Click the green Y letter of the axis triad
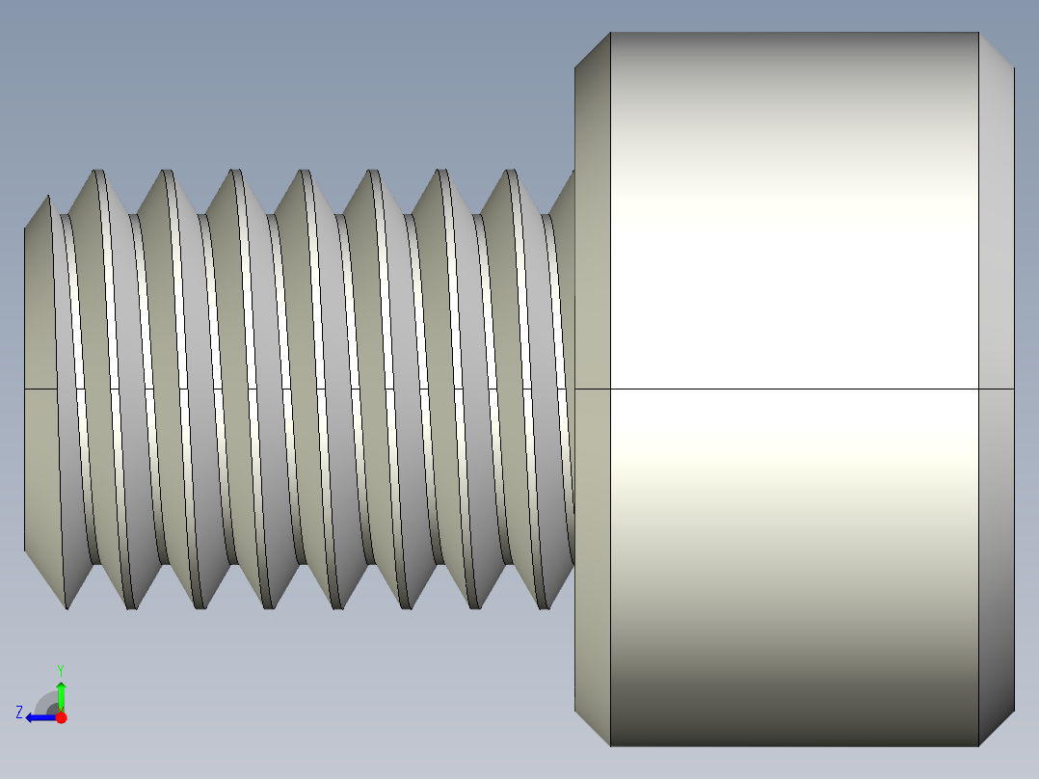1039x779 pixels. tap(60, 669)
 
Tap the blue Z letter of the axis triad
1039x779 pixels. tap(19, 712)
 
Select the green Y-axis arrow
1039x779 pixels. tap(61, 694)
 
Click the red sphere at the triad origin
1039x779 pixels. tap(61, 717)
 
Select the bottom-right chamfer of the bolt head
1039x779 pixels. tap(996, 728)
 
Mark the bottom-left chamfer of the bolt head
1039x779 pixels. tap(593, 728)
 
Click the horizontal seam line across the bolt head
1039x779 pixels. tap(790, 389)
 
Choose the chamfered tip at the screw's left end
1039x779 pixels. tap(39, 386)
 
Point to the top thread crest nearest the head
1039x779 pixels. tap(510, 173)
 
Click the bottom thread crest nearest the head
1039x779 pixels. tap(545, 606)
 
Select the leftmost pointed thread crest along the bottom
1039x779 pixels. tap(66, 605)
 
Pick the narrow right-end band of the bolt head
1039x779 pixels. tap(996, 289)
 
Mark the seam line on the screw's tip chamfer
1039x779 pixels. tap(39, 389)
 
